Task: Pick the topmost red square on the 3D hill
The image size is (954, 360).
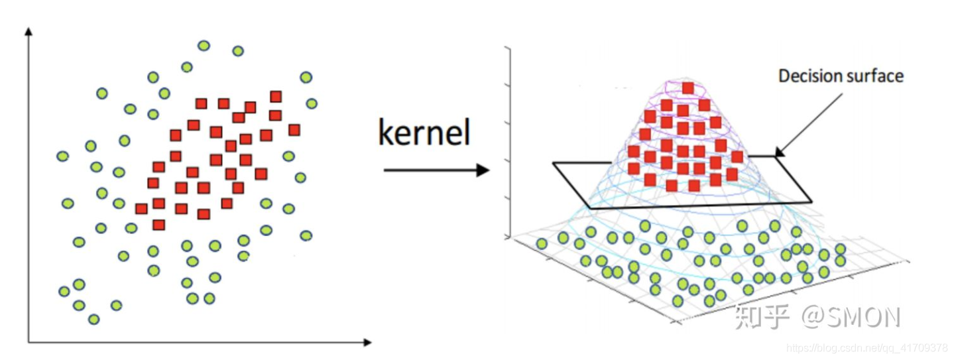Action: tap(688, 88)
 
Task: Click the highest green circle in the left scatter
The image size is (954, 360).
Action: tap(204, 46)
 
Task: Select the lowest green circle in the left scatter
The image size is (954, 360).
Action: tap(93, 319)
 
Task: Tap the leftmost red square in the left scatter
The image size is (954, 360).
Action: tap(141, 209)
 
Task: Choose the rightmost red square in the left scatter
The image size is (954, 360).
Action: tap(294, 129)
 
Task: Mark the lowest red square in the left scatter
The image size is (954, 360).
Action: tap(158, 225)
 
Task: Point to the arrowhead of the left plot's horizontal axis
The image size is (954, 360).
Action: tap(367, 342)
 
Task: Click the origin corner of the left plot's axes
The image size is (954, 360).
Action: tap(29, 342)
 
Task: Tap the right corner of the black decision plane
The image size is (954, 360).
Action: tap(810, 201)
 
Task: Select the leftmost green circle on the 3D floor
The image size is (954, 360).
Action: tap(542, 243)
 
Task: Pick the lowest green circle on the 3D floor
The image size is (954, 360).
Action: tap(678, 300)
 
